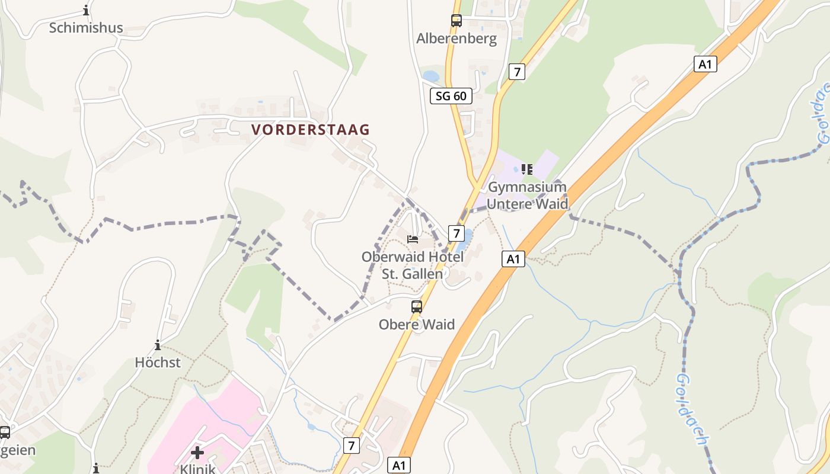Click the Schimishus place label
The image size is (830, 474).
[x=86, y=28]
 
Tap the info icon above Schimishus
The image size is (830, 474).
[x=86, y=11]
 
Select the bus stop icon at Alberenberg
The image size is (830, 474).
[x=456, y=21]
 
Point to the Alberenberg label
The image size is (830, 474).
[x=456, y=39]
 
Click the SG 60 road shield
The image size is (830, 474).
[x=451, y=96]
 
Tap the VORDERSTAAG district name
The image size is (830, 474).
[x=310, y=130]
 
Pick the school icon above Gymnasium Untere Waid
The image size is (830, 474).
[x=527, y=169]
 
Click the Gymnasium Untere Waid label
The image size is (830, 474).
[x=527, y=196]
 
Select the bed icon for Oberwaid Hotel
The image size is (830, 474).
[x=413, y=239]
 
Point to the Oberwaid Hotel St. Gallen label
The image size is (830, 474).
[x=413, y=265]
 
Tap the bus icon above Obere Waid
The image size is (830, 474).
[x=417, y=307]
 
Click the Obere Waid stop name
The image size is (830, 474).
[x=417, y=325]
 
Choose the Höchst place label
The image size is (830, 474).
[x=158, y=363]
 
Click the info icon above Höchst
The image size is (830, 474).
[x=158, y=345]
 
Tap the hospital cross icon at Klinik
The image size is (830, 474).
[x=197, y=453]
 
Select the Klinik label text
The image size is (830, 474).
[x=197, y=468]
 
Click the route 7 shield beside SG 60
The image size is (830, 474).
[x=517, y=72]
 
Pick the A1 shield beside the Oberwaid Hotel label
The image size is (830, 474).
[x=513, y=259]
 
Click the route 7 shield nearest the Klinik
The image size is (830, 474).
[x=352, y=445]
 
